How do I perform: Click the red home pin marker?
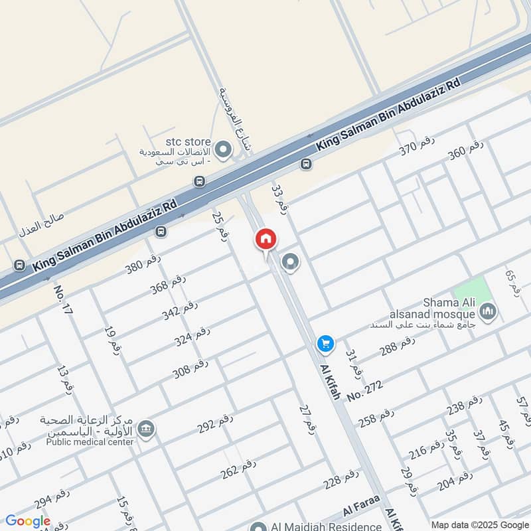pyautogui.click(x=265, y=240)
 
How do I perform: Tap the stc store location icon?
pyautogui.click(x=223, y=151)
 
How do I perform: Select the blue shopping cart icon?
pyautogui.click(x=325, y=342)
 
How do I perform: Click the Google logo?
pyautogui.click(x=28, y=521)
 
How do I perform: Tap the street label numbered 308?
pyautogui.click(x=190, y=370)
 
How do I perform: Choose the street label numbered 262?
pyautogui.click(x=238, y=469)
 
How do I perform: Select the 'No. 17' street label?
pyautogui.click(x=63, y=299)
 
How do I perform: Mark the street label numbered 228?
pyautogui.click(x=341, y=479)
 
